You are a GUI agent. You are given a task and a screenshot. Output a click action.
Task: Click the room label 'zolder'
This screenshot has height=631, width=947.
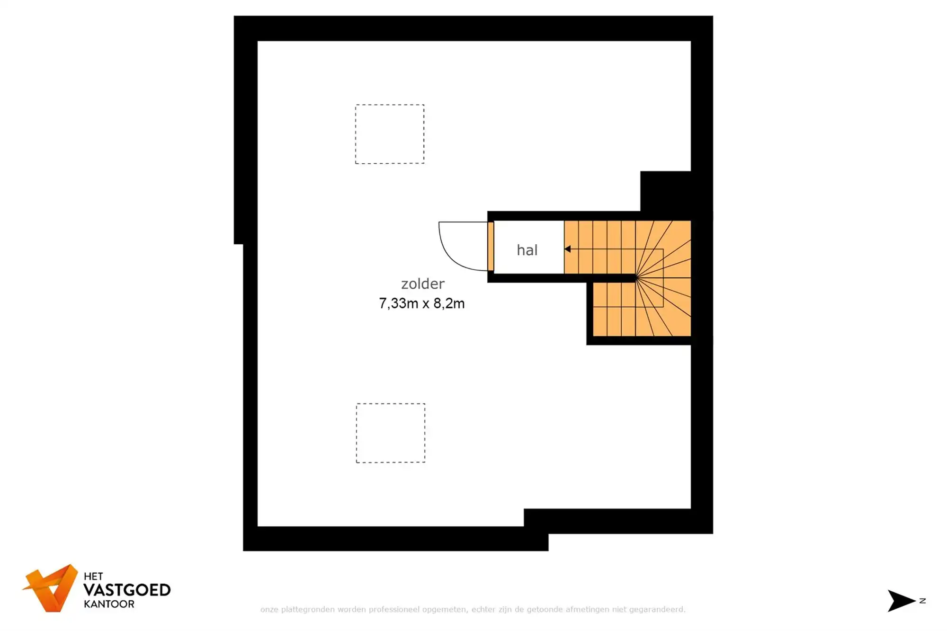click(422, 284)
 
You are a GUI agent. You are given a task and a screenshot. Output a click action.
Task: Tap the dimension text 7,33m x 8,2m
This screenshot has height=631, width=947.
click(421, 303)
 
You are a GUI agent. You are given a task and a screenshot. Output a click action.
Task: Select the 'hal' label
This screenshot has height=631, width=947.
click(527, 249)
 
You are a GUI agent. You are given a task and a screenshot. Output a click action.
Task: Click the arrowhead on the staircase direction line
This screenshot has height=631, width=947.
click(567, 249)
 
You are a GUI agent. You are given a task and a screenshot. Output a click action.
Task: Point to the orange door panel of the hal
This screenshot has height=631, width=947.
click(491, 246)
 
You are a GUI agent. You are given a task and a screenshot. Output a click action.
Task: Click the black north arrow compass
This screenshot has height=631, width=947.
click(901, 601)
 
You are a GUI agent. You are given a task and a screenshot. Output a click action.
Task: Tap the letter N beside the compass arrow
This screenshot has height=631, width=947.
click(922, 601)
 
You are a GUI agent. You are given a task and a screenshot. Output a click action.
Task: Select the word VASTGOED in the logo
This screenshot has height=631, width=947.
click(127, 590)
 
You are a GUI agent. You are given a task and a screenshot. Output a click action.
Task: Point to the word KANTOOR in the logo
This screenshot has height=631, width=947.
click(109, 604)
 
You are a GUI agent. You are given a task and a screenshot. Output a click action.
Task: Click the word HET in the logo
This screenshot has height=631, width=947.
click(93, 576)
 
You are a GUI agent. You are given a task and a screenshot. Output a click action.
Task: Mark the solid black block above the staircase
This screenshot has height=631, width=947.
click(665, 191)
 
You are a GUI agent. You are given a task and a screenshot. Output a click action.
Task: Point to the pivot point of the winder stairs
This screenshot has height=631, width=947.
click(636, 278)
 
